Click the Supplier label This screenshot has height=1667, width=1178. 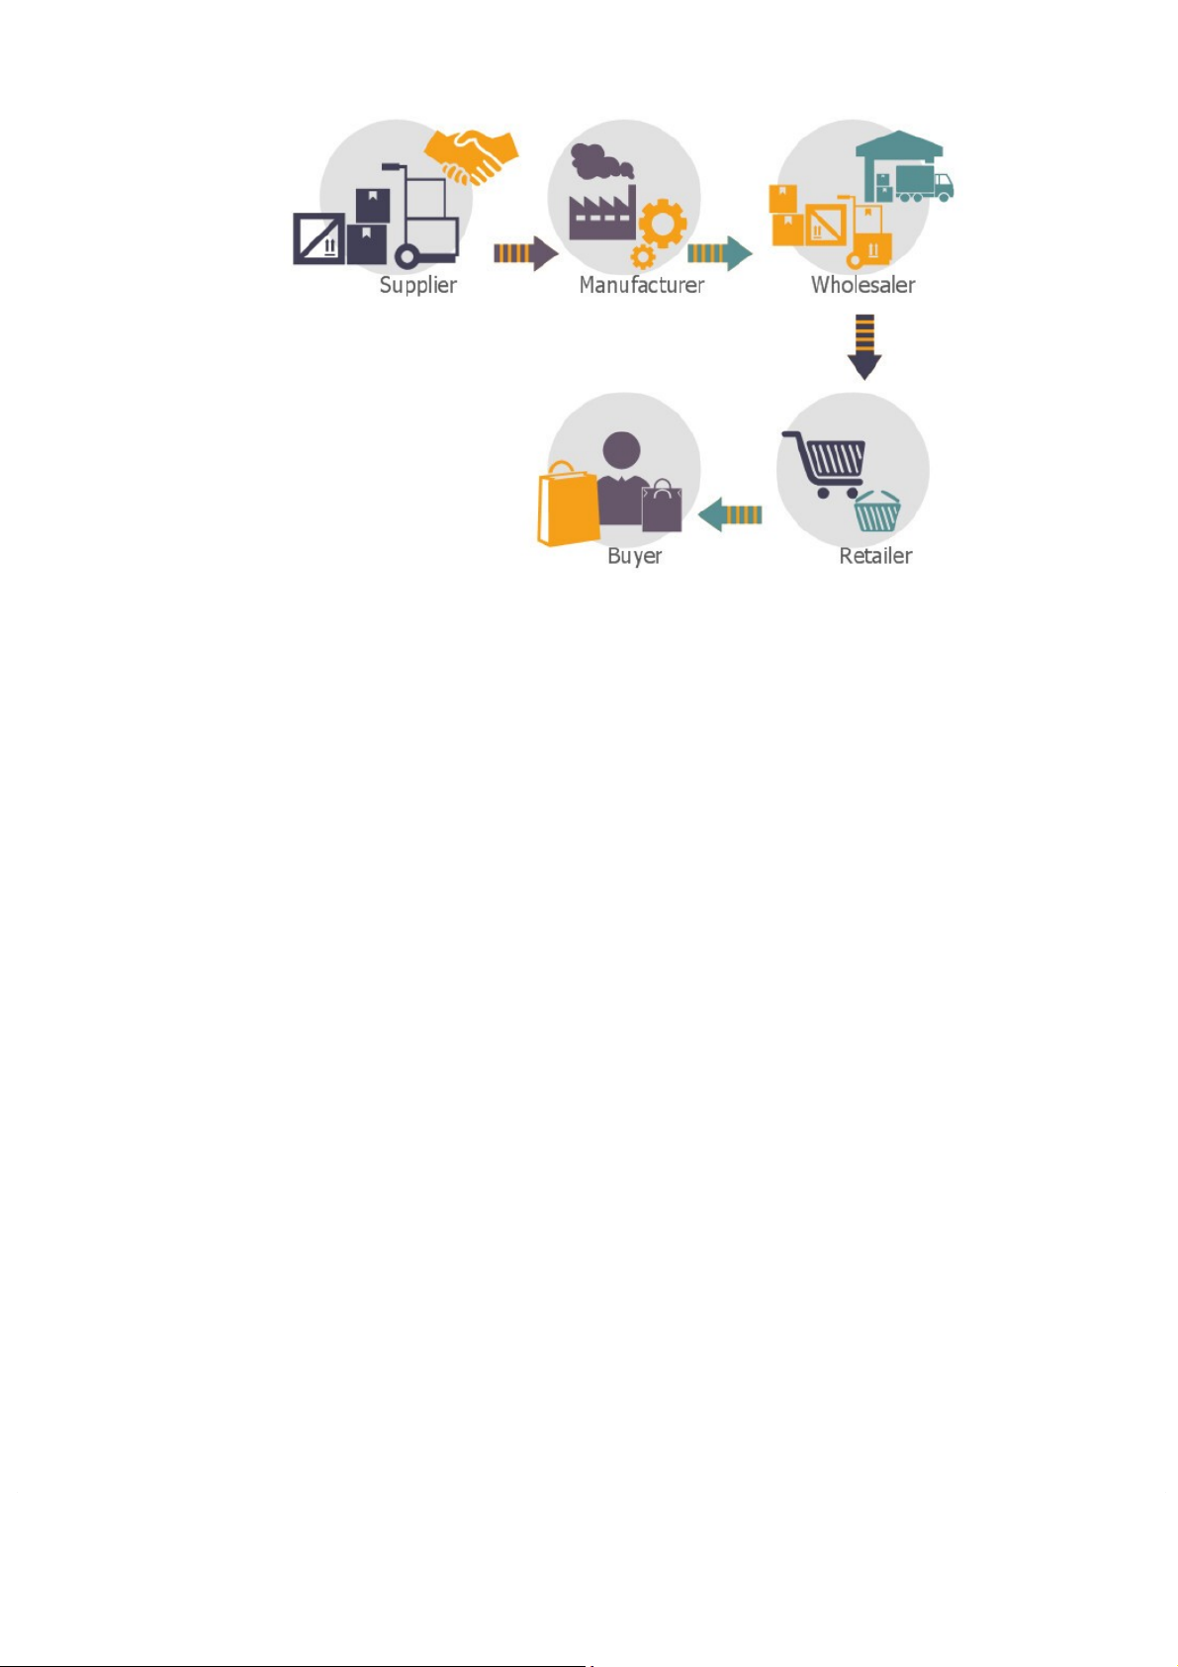tap(417, 286)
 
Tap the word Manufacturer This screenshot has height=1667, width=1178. tap(641, 286)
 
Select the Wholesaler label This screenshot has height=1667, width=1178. tap(862, 286)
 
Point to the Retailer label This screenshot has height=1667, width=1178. tap(875, 556)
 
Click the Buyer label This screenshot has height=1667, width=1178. tap(634, 556)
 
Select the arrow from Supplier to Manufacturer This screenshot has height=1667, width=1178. tap(525, 253)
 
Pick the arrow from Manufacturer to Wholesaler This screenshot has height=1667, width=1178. tap(719, 253)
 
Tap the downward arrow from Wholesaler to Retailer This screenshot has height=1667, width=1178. tap(864, 346)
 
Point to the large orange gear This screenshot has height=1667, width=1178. tap(663, 224)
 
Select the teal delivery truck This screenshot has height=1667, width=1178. tap(923, 184)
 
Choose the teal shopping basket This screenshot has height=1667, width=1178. tap(876, 511)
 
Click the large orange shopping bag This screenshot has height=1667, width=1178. tap(567, 506)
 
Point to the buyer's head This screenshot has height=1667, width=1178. tap(621, 450)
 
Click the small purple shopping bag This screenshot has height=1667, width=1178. tap(662, 507)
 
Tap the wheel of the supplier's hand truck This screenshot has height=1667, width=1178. tap(407, 257)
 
